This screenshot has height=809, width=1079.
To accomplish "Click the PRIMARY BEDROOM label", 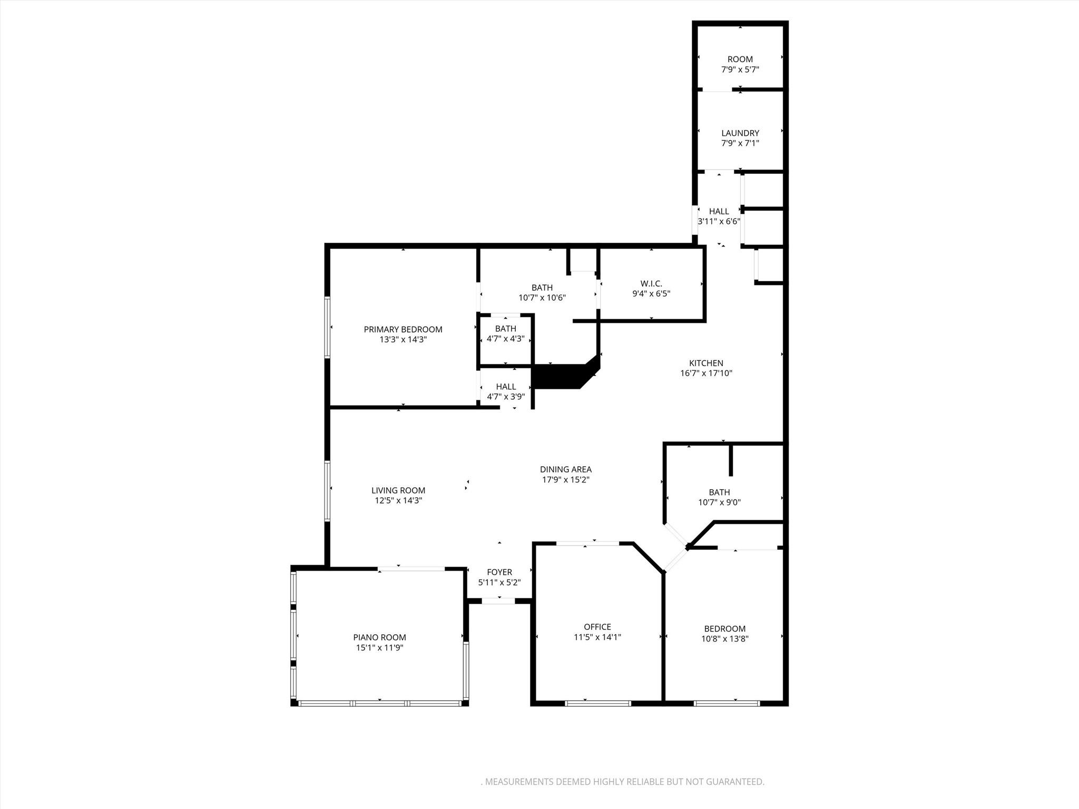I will pyautogui.click(x=403, y=330).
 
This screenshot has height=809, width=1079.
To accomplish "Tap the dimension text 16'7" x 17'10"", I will pyautogui.click(x=706, y=373).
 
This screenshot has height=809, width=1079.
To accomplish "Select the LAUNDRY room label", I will pyautogui.click(x=740, y=133).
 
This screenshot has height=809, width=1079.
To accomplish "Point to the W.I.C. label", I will pyautogui.click(x=651, y=284).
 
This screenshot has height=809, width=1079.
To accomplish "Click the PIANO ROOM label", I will pyautogui.click(x=379, y=638).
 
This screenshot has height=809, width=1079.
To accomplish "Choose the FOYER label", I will pyautogui.click(x=499, y=573).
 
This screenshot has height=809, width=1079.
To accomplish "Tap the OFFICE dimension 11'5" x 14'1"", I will pyautogui.click(x=597, y=637).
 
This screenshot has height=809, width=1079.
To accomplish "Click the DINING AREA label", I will pyautogui.click(x=565, y=469).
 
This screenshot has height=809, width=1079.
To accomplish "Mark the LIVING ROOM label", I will pyautogui.click(x=398, y=490).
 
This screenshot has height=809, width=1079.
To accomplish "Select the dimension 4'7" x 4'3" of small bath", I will pyautogui.click(x=505, y=339).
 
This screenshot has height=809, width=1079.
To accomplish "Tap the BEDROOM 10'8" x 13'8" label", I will pyautogui.click(x=724, y=629).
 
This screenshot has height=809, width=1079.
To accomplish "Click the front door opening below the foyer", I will pyautogui.click(x=498, y=601).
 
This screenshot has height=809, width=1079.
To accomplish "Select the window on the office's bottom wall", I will pyautogui.click(x=598, y=703).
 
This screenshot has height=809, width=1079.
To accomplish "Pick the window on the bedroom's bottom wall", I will pyautogui.click(x=727, y=703).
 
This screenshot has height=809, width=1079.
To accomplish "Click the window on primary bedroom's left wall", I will pyautogui.click(x=327, y=328).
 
